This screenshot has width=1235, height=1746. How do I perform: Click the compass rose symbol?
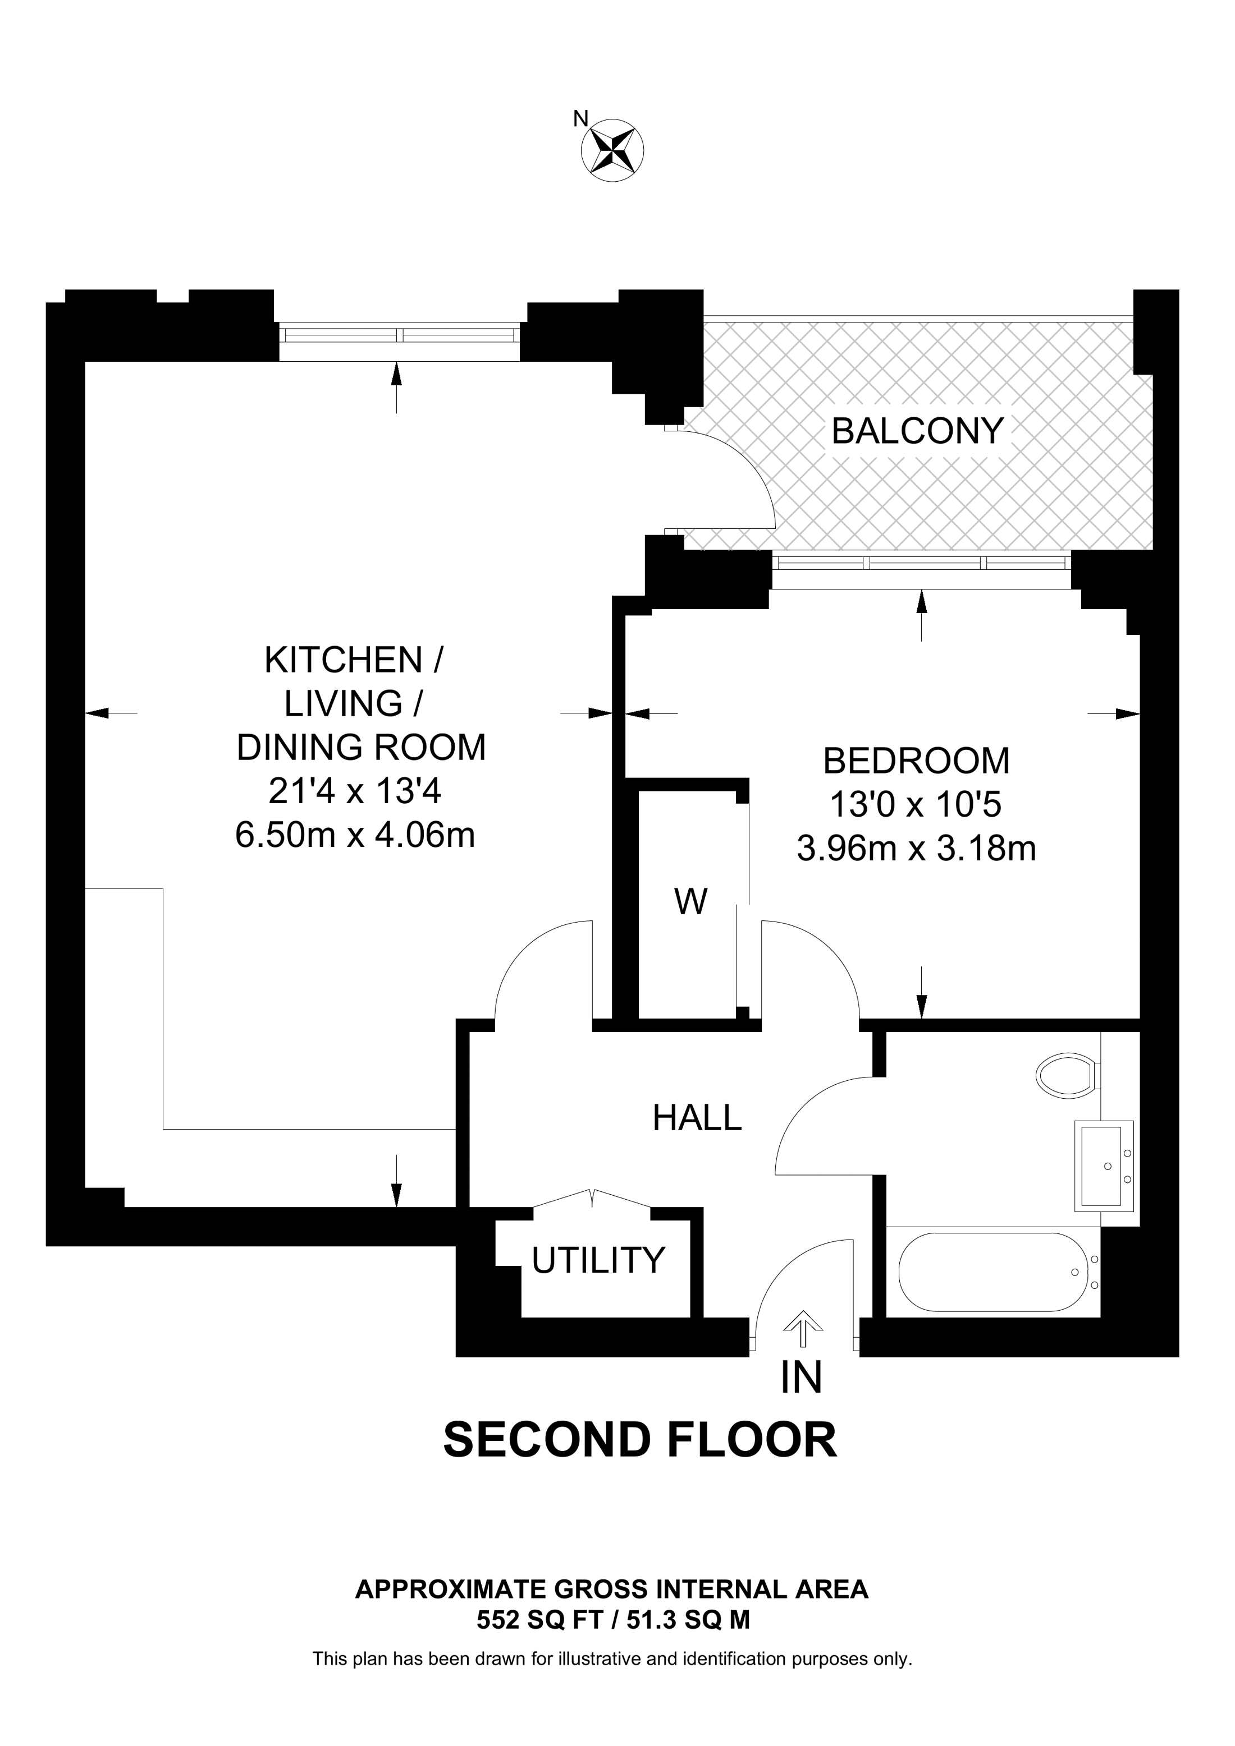tap(612, 150)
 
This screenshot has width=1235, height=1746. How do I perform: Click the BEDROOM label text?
tap(916, 761)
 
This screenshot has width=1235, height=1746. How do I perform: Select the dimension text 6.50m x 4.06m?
tap(355, 836)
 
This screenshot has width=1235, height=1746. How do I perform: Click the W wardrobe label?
tap(690, 902)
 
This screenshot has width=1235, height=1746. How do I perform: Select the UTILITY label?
tap(598, 1261)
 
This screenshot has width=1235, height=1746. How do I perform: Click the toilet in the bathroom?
tap(1068, 1075)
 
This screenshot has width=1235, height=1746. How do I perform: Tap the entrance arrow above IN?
tap(802, 1324)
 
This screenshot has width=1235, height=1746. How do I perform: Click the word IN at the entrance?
tap(801, 1378)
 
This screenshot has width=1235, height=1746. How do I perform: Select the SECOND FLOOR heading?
tap(639, 1440)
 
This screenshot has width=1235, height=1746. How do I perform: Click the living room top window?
tap(400, 334)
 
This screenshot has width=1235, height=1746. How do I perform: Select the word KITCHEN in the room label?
tap(343, 660)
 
